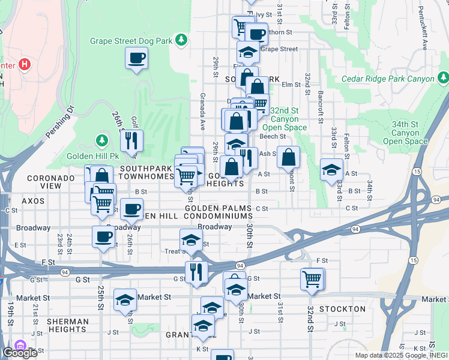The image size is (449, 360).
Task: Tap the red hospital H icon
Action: click(x=25, y=63)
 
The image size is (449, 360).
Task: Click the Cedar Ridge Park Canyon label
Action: click(x=388, y=79)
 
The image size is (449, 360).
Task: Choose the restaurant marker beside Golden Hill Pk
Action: click(x=131, y=141)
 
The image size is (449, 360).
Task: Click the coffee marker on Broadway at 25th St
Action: click(x=103, y=236)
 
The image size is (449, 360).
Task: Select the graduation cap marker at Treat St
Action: click(x=191, y=240)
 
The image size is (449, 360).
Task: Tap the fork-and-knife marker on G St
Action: click(x=196, y=271)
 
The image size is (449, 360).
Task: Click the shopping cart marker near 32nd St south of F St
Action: click(x=313, y=278)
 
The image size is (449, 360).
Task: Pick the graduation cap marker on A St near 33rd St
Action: click(x=331, y=169)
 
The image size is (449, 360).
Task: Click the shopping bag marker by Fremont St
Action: click(x=289, y=157)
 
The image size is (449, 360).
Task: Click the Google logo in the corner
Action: click(x=20, y=353)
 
